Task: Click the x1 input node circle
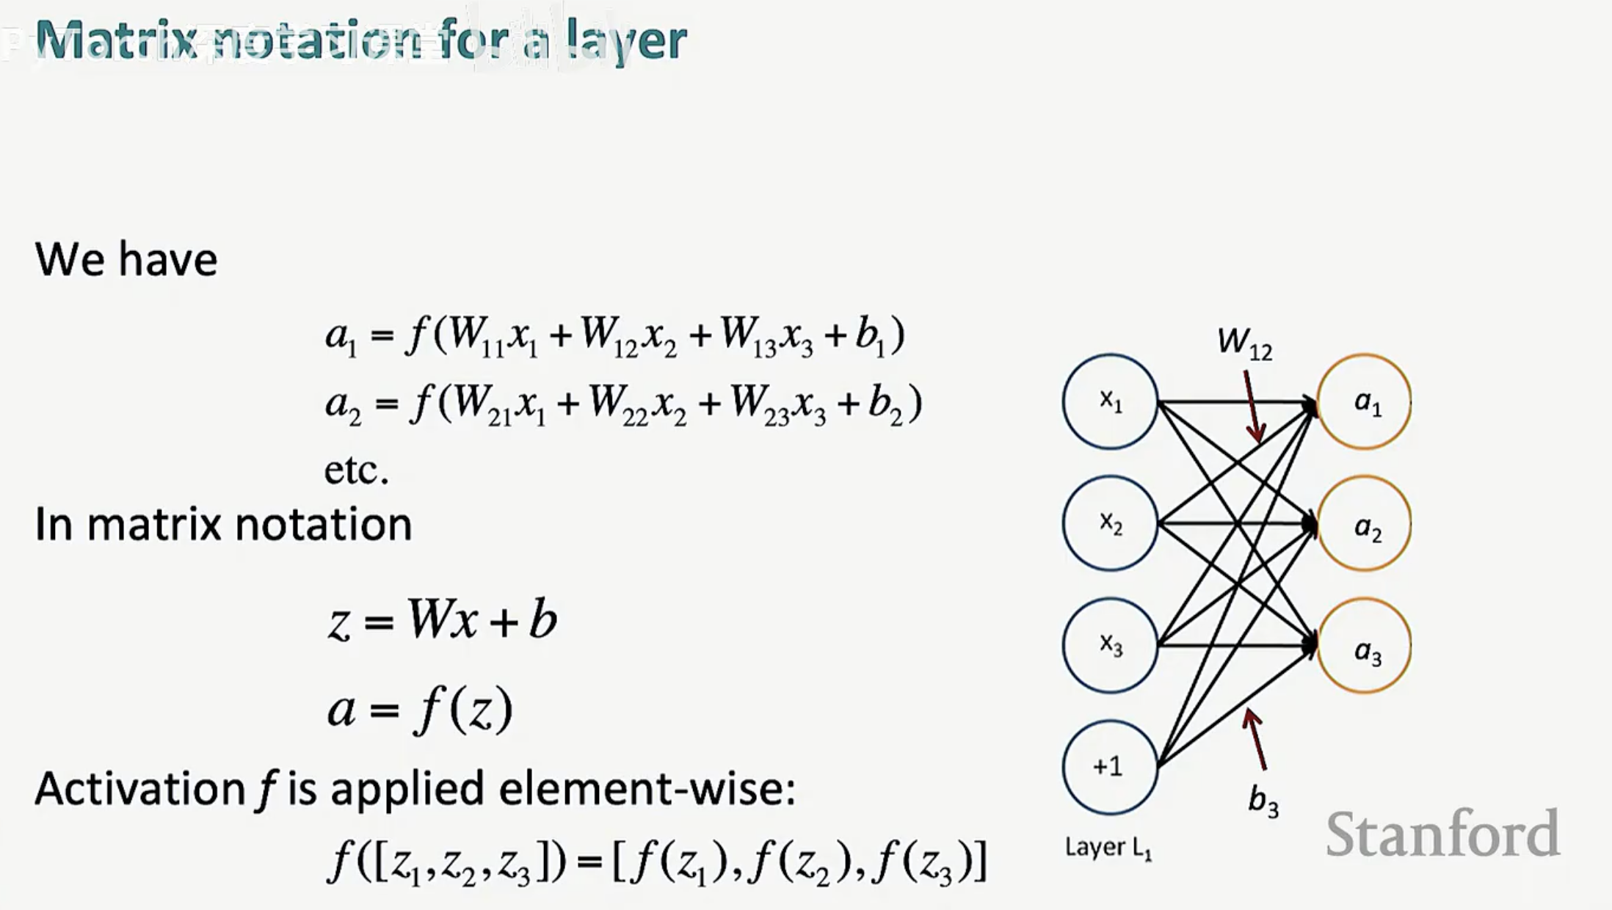click(x=1110, y=401)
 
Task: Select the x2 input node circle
click(x=1110, y=523)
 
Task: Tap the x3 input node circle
click(x=1110, y=645)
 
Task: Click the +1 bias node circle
click(x=1110, y=767)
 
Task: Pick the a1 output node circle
click(x=1365, y=401)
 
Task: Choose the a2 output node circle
click(x=1365, y=524)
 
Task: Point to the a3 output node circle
click(x=1365, y=646)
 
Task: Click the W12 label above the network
click(x=1244, y=343)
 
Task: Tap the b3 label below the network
click(x=1263, y=801)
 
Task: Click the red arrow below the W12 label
click(x=1253, y=407)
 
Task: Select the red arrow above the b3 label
click(x=1256, y=738)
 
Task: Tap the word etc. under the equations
click(x=356, y=470)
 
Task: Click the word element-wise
click(x=646, y=789)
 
